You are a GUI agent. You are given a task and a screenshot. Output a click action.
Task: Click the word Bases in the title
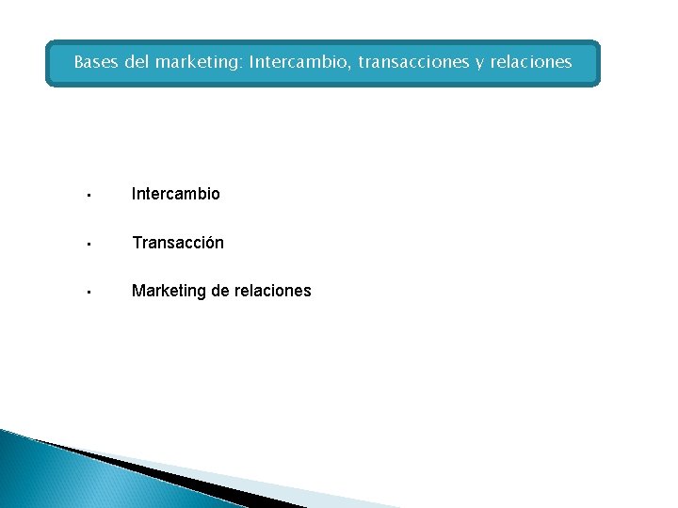[x=96, y=63]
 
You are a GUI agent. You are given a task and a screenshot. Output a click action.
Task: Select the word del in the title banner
[x=137, y=63]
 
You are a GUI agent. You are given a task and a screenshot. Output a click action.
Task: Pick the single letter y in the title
[x=479, y=65]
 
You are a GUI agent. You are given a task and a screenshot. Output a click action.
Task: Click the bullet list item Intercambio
[x=176, y=194]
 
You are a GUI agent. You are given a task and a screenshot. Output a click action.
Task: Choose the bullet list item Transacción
[x=178, y=243]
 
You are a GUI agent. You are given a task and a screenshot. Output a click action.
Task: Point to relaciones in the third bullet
[x=273, y=291]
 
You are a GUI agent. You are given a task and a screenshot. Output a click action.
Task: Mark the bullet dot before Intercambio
[x=86, y=196]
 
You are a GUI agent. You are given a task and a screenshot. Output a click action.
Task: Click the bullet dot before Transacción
[x=86, y=245]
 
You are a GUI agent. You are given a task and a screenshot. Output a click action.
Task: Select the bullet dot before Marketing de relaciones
[x=86, y=293]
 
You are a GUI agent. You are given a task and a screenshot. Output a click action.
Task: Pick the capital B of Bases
[x=79, y=63]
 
